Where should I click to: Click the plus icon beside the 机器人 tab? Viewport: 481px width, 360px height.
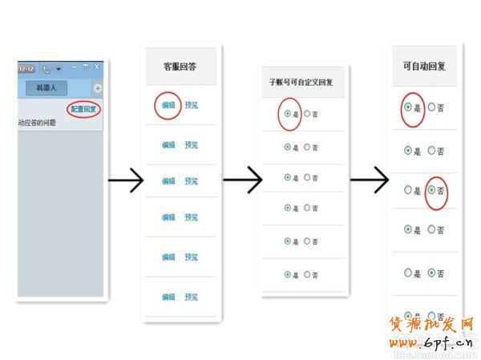click(x=98, y=87)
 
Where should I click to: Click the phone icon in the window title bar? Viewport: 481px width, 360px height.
click(x=46, y=68)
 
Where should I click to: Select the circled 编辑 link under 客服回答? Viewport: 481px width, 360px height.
click(x=168, y=105)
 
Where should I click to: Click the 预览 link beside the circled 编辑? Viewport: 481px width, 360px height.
click(x=192, y=105)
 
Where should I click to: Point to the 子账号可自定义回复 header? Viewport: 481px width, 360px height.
click(x=302, y=83)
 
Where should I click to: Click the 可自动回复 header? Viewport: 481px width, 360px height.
click(x=422, y=68)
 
